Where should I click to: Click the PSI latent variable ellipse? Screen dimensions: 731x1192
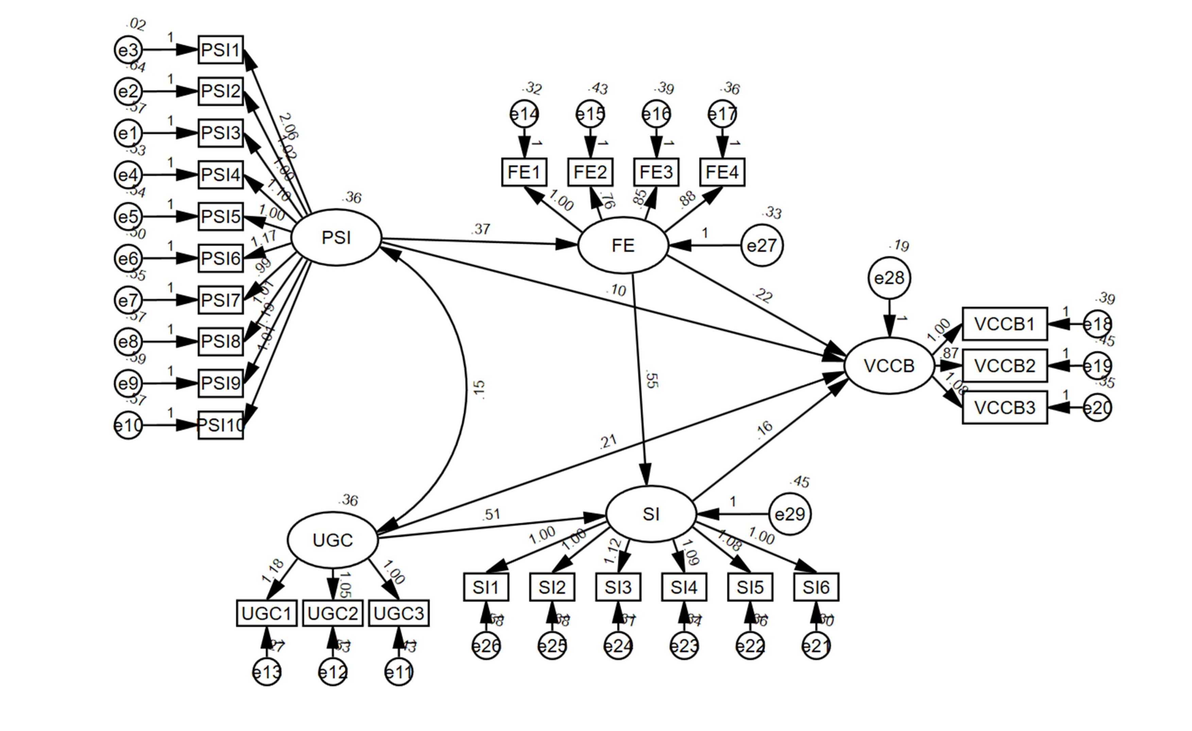[336, 238]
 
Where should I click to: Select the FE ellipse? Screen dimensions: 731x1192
[623, 245]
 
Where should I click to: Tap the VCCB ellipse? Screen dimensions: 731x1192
[889, 366]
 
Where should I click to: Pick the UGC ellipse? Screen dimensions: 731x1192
[333, 540]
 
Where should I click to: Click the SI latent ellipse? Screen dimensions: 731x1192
[651, 514]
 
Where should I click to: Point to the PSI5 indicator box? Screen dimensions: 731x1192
[221, 216]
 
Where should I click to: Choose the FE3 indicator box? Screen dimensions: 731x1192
[656, 172]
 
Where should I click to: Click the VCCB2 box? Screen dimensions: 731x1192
[1005, 366]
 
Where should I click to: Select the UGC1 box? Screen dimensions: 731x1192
[266, 613]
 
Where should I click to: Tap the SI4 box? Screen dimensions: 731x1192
[684, 587]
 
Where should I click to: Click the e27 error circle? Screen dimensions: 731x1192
[762, 245]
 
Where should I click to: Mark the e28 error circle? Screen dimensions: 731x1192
[889, 278]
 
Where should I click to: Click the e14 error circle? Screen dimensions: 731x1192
[524, 114]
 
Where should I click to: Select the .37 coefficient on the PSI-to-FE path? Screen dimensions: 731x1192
[480, 229]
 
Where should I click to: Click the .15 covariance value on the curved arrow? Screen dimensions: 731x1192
[478, 389]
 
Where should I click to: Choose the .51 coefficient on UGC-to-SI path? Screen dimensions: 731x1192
[491, 514]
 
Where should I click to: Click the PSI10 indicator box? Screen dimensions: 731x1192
[221, 425]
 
